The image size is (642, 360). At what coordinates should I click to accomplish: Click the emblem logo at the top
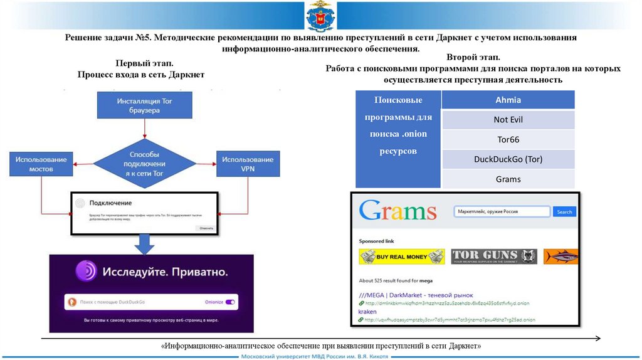point(320,17)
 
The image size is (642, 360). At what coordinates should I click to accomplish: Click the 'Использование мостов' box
point(41,164)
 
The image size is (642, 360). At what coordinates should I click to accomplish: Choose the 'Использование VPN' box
point(248,164)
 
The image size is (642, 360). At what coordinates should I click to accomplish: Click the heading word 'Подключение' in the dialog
point(110,203)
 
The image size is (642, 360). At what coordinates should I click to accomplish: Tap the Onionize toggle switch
point(230,302)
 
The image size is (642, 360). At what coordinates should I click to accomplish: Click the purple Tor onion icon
point(86,271)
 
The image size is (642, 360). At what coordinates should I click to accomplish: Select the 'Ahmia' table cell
point(508,100)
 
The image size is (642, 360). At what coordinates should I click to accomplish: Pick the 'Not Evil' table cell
point(508,120)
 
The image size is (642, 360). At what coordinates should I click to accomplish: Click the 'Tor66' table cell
point(508,139)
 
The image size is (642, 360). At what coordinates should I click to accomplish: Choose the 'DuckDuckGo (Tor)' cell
point(508,159)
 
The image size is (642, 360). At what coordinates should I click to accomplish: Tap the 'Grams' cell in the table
point(508,179)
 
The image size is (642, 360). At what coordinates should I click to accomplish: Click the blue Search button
point(564,212)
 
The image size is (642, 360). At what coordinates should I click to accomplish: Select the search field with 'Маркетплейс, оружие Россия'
point(502,212)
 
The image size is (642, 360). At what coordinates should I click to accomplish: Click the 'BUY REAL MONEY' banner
point(401,257)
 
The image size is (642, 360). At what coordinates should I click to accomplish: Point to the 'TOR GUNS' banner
point(494,257)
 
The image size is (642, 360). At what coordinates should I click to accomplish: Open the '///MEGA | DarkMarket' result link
point(416,295)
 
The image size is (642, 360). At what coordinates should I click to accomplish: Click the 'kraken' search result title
point(368,311)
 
